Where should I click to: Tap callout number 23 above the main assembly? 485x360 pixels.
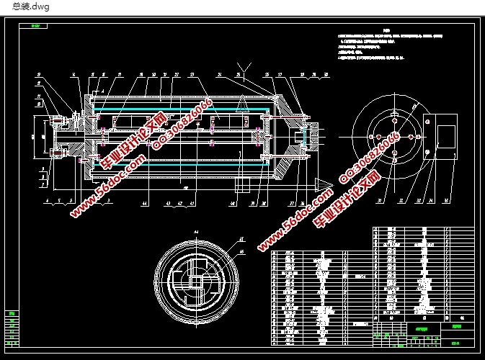191,74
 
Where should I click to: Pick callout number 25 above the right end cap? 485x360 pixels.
266,74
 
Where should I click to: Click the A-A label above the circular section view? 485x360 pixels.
195,230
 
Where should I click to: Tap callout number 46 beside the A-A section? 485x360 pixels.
241,251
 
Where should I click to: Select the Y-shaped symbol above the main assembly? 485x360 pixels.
245,68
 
